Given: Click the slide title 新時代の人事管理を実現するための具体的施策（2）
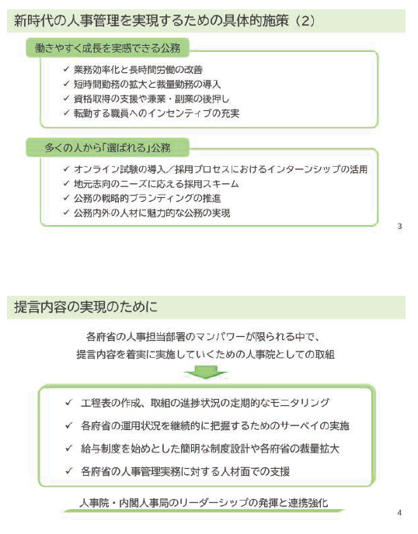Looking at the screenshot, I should [165, 21].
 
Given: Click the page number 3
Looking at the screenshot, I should [399, 227].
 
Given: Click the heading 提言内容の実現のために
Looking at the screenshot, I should [86, 307].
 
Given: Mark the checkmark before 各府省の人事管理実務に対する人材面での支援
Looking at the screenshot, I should [69, 471].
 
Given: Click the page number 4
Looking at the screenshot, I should [399, 513].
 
